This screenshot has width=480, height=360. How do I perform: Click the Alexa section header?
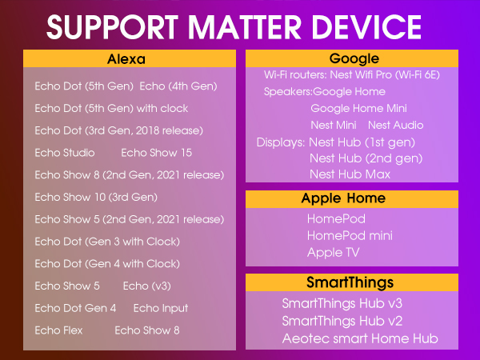pos(130,59)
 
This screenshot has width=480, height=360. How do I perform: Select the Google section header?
pos(354,59)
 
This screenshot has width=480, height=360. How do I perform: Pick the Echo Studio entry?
pos(65,153)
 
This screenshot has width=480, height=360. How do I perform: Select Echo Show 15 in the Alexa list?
pos(156,153)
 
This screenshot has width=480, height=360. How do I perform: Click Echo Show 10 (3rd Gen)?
pos(96,197)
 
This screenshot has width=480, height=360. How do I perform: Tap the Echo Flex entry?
pos(58,330)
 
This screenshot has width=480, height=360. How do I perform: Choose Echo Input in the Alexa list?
pos(161,308)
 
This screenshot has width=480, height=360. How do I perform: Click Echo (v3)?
pos(146,286)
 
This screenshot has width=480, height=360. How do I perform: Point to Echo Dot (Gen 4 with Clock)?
pos(107,263)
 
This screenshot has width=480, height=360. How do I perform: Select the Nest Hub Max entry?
pos(350,174)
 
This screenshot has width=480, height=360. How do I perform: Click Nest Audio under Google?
pos(395,125)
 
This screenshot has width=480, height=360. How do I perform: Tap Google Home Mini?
pos(359,108)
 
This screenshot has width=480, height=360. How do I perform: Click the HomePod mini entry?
pos(350,235)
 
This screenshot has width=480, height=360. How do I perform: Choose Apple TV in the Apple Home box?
pos(333,252)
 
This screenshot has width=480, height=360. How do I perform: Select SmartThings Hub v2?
pos(342,321)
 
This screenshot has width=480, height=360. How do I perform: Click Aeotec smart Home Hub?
pos(360,338)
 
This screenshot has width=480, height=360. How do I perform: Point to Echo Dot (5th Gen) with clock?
pos(112,108)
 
